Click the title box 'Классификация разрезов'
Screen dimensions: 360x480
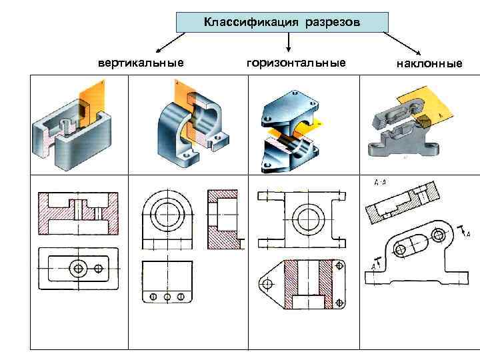pos(281,23)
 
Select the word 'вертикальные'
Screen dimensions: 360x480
pos(141,63)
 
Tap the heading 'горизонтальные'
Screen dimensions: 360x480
pos(296,63)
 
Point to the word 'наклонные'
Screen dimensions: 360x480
pos(429,64)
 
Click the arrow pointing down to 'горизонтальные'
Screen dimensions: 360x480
pos(288,43)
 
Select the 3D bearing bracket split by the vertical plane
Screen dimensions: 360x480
pos(186,120)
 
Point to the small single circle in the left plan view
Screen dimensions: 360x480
pos(100,268)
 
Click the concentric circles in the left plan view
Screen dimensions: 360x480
pos(78,268)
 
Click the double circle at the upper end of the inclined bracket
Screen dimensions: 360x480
pos(438,234)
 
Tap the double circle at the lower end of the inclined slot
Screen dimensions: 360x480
pos(401,251)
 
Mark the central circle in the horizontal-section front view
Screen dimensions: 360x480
pos(308,217)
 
